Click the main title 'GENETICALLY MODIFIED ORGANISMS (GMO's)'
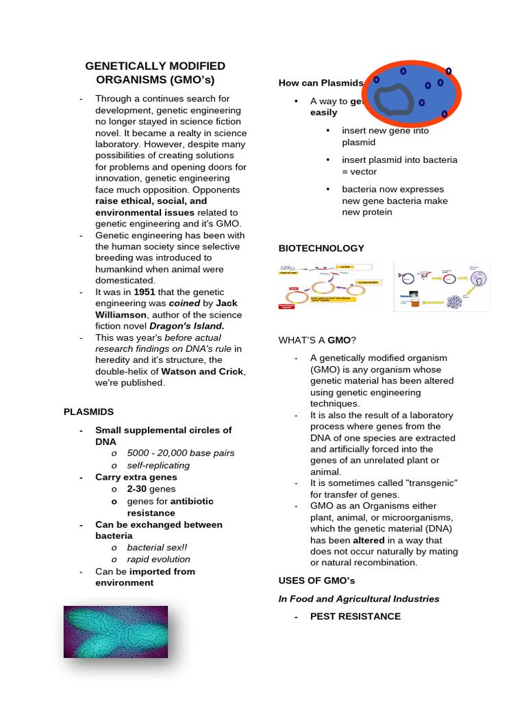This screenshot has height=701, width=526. pyautogui.click(x=155, y=73)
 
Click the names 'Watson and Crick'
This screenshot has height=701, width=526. pyautogui.click(x=202, y=372)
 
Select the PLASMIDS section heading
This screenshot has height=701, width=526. pyautogui.click(x=88, y=411)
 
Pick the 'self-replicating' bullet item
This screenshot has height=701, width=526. pyautogui.click(x=158, y=465)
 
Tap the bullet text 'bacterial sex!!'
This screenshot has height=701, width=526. pyautogui.click(x=157, y=548)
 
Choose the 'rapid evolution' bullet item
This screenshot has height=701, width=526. pyautogui.click(x=158, y=559)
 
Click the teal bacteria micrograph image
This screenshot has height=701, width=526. pyautogui.click(x=116, y=631)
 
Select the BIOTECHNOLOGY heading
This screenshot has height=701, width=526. pyautogui.click(x=321, y=248)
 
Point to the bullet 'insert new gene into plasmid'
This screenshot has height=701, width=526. pyautogui.click(x=385, y=136)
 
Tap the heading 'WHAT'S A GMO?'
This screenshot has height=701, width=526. pyautogui.click(x=317, y=340)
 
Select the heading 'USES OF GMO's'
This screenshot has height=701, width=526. pyautogui.click(x=316, y=581)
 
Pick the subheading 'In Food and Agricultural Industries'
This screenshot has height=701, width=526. pyautogui.click(x=359, y=598)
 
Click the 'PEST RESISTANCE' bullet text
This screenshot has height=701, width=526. pyautogui.click(x=355, y=616)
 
